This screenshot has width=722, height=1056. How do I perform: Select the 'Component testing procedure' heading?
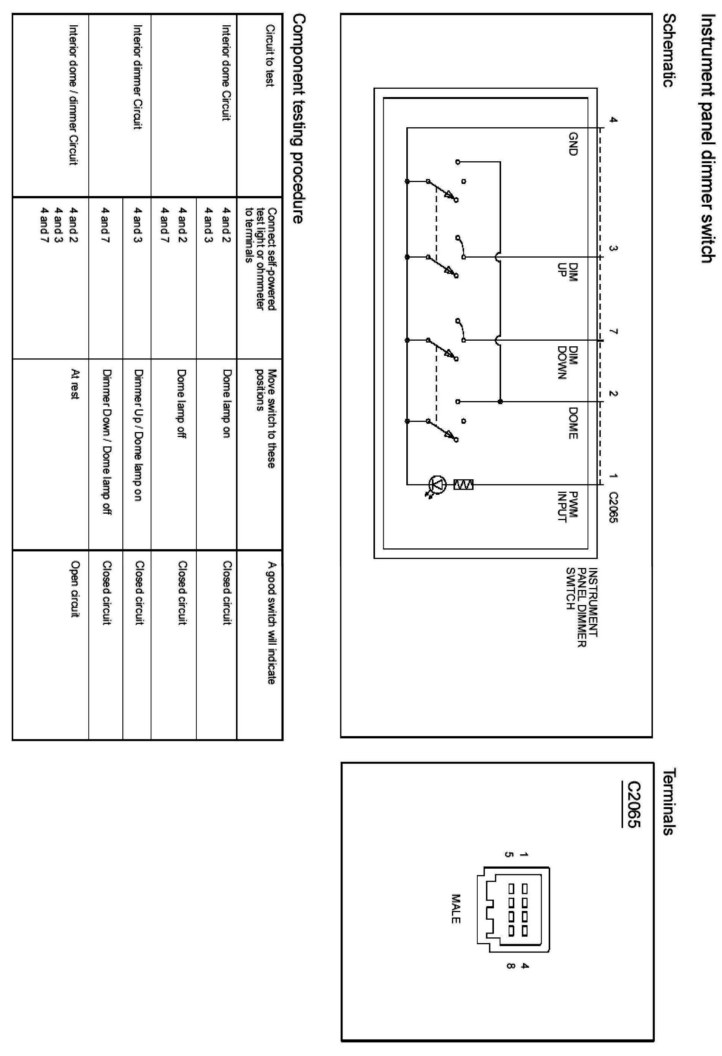pos(299,119)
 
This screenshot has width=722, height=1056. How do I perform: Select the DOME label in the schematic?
pos(574,423)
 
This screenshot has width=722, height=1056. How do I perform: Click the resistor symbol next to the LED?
pos(463,485)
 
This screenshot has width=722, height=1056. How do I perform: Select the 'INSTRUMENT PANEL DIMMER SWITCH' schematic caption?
pos(582,602)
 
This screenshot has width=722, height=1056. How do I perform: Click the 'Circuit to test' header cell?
pos(270,56)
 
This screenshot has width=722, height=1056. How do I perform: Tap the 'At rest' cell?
pos(75,384)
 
